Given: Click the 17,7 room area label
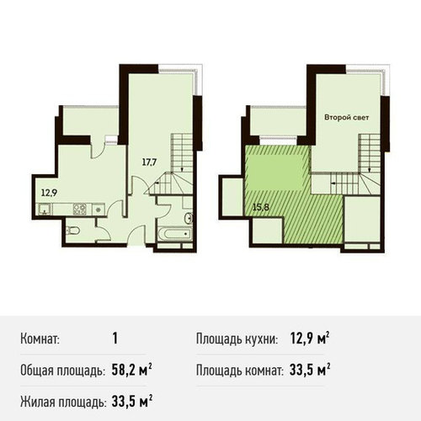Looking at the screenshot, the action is click(x=149, y=163).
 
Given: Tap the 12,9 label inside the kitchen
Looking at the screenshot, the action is click(x=49, y=193).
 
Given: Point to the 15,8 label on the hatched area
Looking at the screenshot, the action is click(x=261, y=207).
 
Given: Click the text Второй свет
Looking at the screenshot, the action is click(x=346, y=118).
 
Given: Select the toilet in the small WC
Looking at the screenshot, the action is click(x=73, y=231).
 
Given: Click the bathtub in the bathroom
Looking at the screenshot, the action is click(x=175, y=234).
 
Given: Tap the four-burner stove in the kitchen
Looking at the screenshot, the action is click(x=80, y=209).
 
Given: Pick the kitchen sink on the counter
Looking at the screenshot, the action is click(x=45, y=210).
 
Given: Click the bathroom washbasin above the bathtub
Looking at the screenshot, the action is click(x=189, y=218).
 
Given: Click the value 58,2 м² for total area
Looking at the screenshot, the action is click(x=132, y=370).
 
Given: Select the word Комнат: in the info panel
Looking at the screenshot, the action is click(x=40, y=339).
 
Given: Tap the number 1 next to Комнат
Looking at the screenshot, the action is click(x=115, y=338).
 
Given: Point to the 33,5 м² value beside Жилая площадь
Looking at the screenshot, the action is click(x=132, y=402).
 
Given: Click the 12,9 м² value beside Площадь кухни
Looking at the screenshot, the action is click(x=310, y=338).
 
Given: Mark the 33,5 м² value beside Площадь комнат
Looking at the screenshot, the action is click(x=310, y=370).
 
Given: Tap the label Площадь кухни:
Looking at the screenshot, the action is click(x=237, y=339).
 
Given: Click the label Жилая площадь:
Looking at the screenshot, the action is click(x=63, y=402).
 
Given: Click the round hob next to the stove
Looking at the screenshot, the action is click(x=98, y=210).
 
